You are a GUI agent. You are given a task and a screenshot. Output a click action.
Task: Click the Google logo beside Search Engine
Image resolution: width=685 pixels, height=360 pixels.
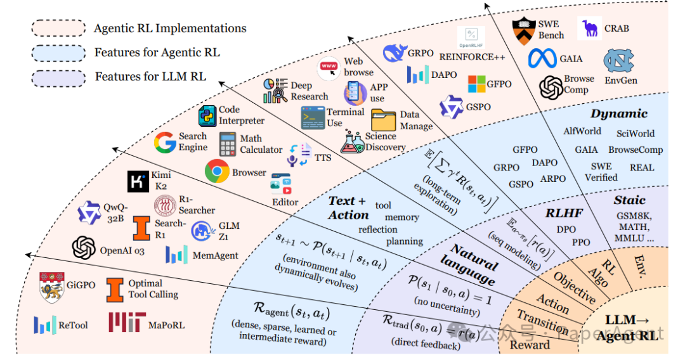(165, 142)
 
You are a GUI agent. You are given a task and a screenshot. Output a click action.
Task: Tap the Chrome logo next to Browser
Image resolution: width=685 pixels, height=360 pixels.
(217, 171)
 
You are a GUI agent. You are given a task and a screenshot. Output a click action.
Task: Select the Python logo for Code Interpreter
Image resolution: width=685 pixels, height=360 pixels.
(208, 116)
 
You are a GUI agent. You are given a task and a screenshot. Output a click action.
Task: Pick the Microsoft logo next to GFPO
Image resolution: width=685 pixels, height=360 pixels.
(476, 84)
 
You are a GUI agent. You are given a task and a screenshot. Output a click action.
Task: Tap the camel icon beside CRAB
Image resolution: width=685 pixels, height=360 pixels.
(590, 29)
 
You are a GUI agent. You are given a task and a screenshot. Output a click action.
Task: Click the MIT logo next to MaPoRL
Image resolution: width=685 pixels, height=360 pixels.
(127, 323)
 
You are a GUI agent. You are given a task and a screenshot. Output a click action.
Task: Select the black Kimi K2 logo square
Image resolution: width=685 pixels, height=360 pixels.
(138, 181)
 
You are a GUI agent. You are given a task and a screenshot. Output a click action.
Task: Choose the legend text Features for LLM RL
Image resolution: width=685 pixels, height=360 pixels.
(150, 77)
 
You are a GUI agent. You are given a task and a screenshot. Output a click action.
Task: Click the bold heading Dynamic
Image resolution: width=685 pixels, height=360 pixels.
(619, 114)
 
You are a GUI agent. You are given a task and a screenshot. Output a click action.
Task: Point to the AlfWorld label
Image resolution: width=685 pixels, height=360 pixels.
(582, 132)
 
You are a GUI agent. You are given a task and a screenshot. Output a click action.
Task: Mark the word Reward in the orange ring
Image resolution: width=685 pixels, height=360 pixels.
(530, 345)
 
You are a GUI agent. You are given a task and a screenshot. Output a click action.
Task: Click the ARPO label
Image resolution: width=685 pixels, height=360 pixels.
(552, 179)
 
